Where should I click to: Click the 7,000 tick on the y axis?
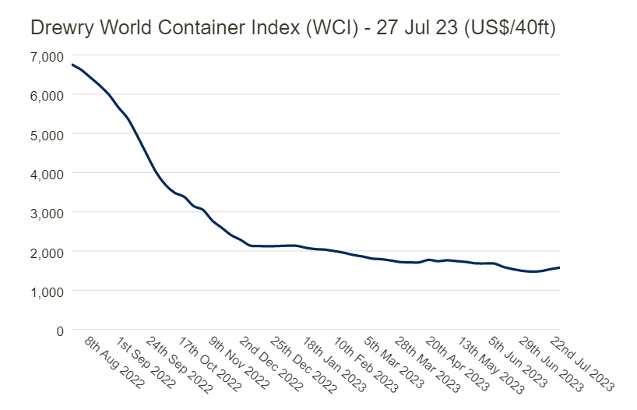tap(47, 56)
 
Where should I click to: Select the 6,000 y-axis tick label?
tap(47, 95)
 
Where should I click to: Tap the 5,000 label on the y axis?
tap(47, 134)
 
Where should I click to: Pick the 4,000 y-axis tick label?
tap(47, 173)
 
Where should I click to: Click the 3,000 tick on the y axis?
tap(47, 213)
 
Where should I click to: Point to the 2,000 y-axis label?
tap(47, 252)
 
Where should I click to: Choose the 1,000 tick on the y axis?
tap(47, 291)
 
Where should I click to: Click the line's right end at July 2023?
tap(559, 267)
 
